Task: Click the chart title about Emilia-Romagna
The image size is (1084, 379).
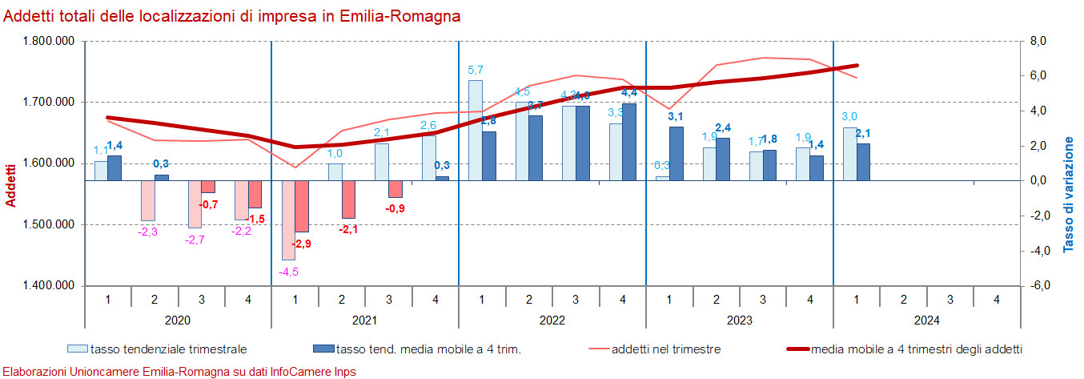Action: (x=232, y=16)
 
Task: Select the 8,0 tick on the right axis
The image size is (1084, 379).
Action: (x=1038, y=41)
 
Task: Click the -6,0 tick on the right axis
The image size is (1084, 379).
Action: (x=1038, y=286)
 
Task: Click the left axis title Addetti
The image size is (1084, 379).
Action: (x=11, y=185)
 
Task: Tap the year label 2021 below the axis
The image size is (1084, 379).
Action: (x=364, y=320)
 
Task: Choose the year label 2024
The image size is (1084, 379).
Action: (x=926, y=320)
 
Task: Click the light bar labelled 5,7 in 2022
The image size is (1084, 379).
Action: (x=475, y=130)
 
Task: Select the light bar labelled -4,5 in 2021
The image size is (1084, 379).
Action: (x=287, y=220)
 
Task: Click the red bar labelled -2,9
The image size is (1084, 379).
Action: (x=302, y=206)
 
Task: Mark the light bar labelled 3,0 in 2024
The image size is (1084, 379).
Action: (x=849, y=154)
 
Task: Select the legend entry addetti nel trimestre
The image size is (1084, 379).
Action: (x=665, y=349)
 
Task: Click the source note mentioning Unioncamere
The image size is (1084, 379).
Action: (x=179, y=372)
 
